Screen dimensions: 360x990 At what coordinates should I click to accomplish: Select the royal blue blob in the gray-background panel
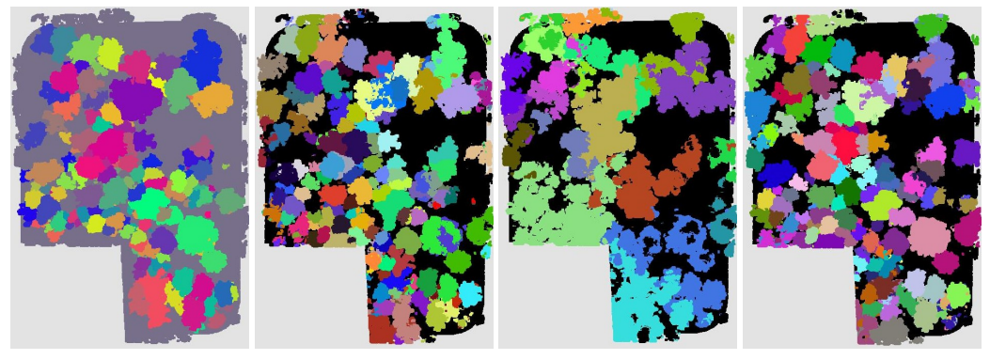coord(201,56)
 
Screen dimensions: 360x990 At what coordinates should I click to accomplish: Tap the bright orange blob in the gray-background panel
coord(213,98)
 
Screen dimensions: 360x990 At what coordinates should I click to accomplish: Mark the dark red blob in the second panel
coord(381,328)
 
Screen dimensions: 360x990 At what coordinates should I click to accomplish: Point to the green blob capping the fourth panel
coord(930,25)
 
